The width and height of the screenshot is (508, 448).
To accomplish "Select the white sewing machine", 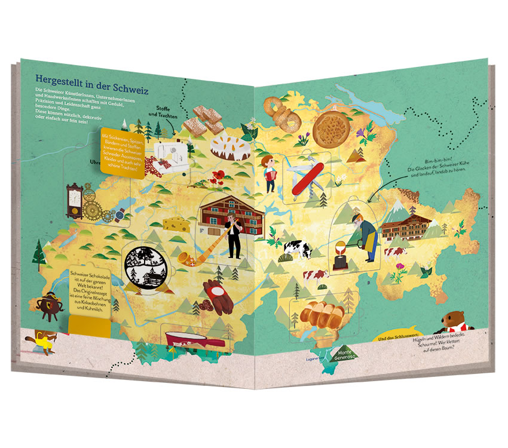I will [169, 155].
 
